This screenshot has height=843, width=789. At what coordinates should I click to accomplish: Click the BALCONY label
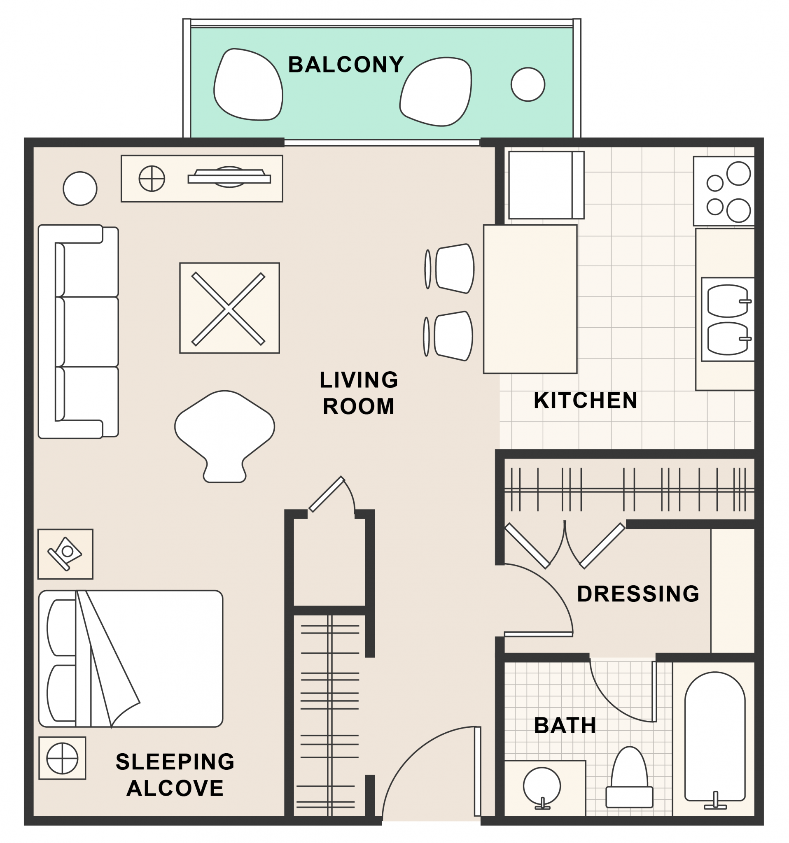[x=346, y=65]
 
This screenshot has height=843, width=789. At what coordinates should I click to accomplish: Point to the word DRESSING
[x=638, y=594]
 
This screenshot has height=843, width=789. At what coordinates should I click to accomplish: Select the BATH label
[x=565, y=725]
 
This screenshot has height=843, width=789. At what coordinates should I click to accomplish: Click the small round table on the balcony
[x=528, y=84]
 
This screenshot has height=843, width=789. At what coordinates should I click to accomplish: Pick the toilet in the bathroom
[x=629, y=778]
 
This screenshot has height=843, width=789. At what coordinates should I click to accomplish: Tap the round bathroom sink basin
[x=542, y=786]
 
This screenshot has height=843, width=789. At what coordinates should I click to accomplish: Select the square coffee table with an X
[x=229, y=308]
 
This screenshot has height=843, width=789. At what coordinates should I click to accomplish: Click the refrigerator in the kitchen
[x=546, y=185]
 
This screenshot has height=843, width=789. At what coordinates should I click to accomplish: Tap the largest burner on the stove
[x=738, y=173]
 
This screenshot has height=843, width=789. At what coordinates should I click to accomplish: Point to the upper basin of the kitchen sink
[x=728, y=301]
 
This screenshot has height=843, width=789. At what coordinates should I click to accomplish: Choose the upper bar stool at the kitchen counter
[x=451, y=268]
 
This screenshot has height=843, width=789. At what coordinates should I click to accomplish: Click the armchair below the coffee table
[x=224, y=436]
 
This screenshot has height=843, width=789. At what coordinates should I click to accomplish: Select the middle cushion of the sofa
[x=87, y=332]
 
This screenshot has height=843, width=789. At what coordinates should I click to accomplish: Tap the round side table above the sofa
[x=80, y=189]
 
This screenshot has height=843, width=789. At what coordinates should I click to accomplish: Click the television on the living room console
[x=229, y=177]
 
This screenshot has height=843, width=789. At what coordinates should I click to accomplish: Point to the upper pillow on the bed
[x=62, y=628]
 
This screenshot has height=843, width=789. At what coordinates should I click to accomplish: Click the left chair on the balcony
[x=248, y=84]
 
